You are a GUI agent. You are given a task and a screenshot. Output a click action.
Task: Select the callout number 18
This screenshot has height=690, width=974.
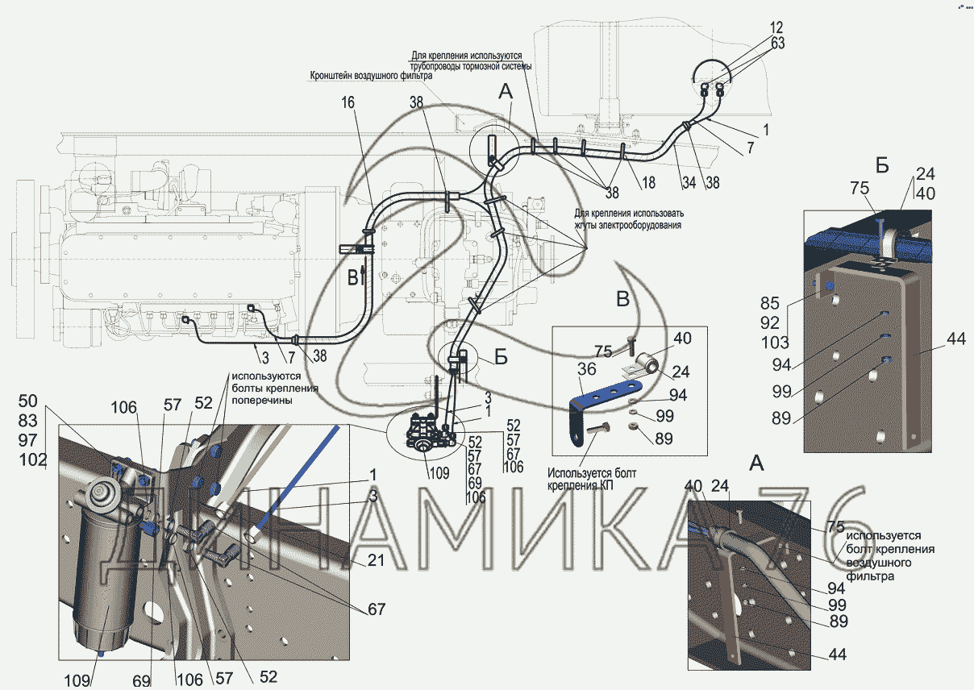[647, 184]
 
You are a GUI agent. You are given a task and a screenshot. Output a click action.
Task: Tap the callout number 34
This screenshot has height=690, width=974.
[688, 184]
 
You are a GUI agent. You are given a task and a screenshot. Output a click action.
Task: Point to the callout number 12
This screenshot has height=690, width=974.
[776, 28]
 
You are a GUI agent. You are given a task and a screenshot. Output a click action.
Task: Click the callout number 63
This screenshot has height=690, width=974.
[776, 44]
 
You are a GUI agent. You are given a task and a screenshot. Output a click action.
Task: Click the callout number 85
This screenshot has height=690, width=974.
[769, 304]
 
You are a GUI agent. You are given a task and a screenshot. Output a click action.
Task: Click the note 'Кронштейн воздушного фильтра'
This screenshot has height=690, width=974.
[372, 76]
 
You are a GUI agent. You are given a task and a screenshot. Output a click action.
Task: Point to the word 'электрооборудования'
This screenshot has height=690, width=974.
[640, 226]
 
